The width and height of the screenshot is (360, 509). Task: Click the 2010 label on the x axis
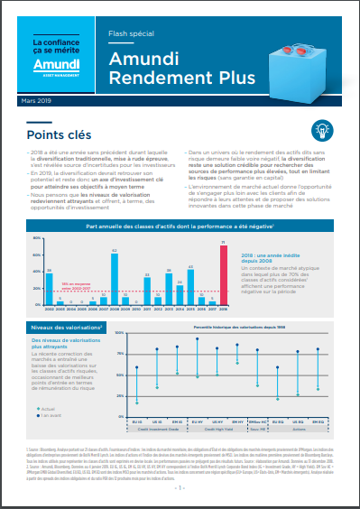click(x=136, y=309)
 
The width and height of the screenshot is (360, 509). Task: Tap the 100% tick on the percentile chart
click(x=120, y=332)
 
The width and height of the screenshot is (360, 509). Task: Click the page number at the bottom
click(x=180, y=488)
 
